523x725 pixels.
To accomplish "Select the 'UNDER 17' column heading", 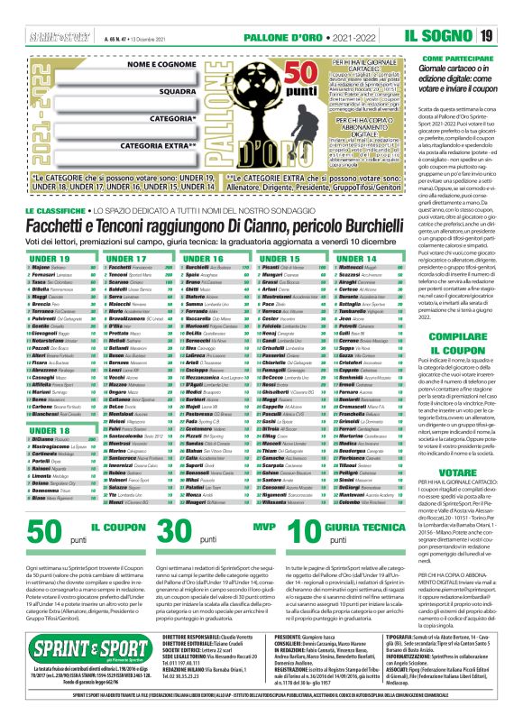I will coord(126,259).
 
